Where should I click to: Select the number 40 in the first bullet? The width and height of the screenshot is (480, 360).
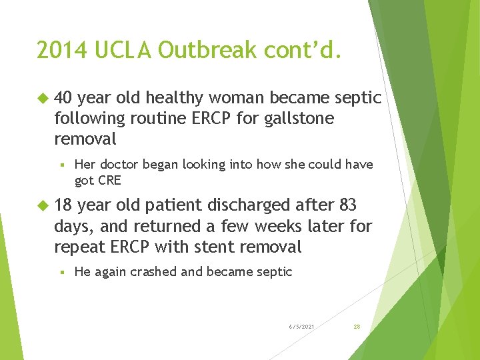pyautogui.click(x=63, y=98)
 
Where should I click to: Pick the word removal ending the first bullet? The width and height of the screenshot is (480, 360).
pyautogui.click(x=85, y=139)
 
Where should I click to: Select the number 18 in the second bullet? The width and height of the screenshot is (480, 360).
pyautogui.click(x=63, y=205)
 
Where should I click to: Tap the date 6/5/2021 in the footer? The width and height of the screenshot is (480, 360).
pyautogui.click(x=302, y=327)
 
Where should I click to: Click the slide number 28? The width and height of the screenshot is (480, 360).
pyautogui.click(x=357, y=327)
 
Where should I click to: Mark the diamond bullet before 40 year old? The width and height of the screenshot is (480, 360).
pyautogui.click(x=44, y=99)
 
